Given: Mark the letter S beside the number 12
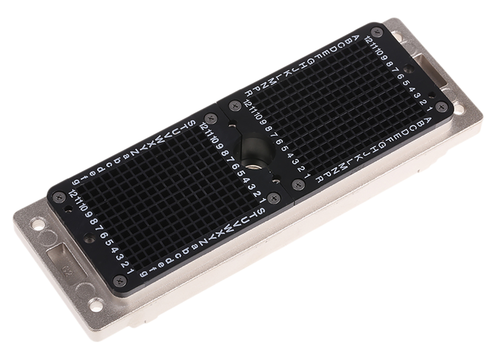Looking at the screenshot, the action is click(192, 123).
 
